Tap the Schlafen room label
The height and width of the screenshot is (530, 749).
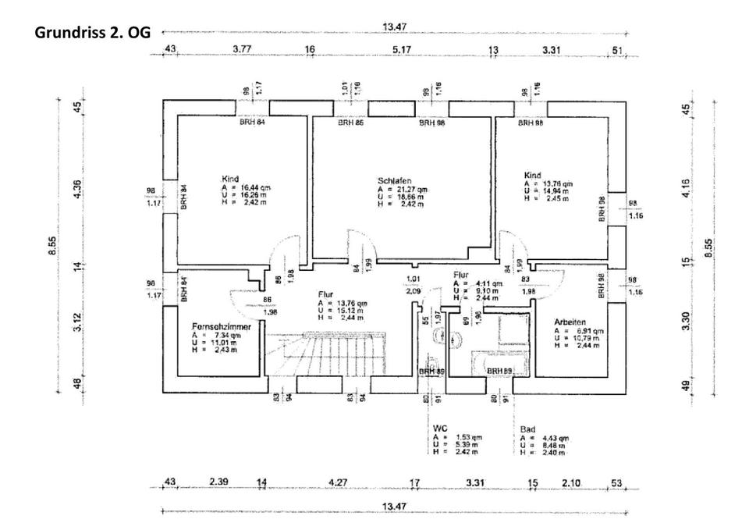coord(395,180)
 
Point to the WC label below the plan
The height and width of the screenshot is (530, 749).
coord(441,429)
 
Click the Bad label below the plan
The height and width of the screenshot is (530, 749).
coord(528,429)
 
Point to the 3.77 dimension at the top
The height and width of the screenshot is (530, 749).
coord(243,49)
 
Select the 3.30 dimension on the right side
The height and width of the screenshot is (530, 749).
coord(687,321)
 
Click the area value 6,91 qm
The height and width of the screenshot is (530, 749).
coord(584,330)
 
